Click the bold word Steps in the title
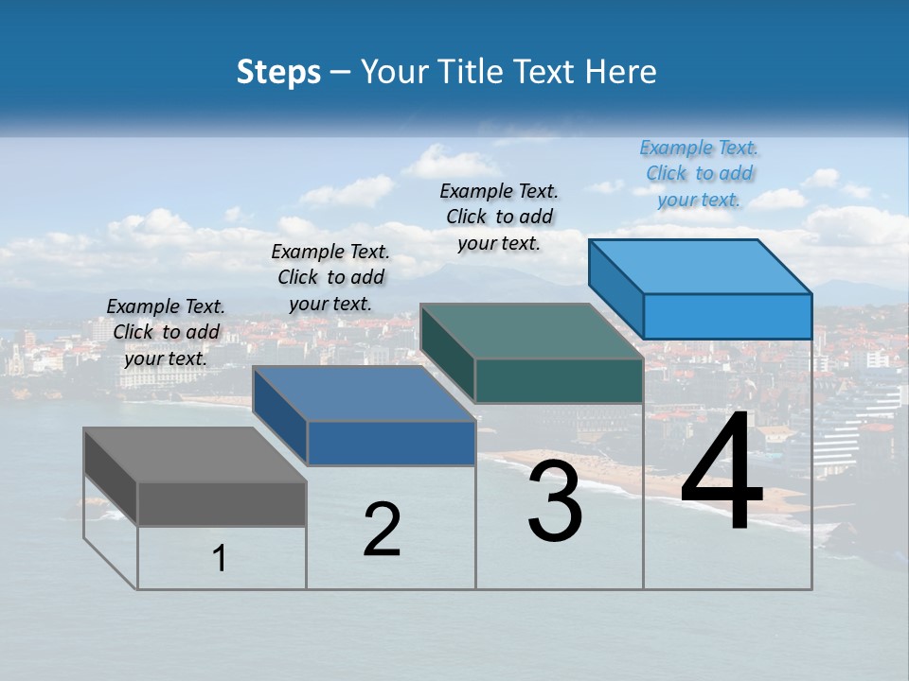pos(278,72)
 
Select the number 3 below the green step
pos(555,502)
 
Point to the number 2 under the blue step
pos(382,531)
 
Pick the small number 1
pos(220,559)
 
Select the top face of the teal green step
pos(531,332)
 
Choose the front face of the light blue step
pos(727,316)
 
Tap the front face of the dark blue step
pos(390,443)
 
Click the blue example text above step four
pos(699,174)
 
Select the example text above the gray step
pos(166,333)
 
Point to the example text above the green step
pos(499,217)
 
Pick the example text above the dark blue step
pos(330,278)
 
